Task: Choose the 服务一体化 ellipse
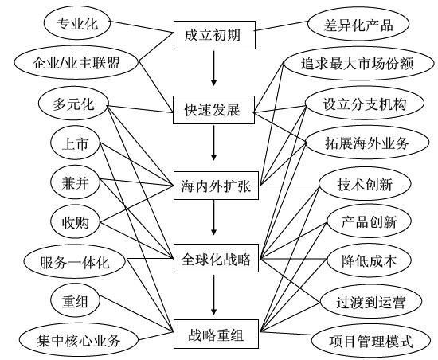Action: [x=76, y=260]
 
